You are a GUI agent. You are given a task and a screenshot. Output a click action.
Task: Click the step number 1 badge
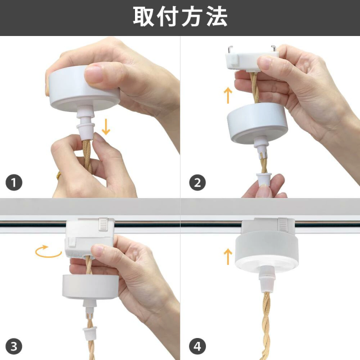[13, 183]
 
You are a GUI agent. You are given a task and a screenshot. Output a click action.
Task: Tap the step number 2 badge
[197, 183]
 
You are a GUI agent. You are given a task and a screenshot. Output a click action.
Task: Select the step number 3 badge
[13, 346]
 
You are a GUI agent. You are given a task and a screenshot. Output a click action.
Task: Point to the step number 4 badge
[197, 346]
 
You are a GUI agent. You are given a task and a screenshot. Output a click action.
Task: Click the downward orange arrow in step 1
[106, 127]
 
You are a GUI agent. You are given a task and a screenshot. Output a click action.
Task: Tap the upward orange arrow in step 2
[228, 95]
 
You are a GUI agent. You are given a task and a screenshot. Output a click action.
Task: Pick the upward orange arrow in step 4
[228, 256]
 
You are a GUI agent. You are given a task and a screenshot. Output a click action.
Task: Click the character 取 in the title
[143, 17]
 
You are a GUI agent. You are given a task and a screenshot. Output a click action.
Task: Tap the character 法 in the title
[217, 17]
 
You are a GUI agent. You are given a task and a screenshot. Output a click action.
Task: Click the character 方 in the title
[192, 17]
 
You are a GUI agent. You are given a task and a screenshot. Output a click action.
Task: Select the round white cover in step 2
[257, 123]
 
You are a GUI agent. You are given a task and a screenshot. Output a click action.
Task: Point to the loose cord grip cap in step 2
[264, 180]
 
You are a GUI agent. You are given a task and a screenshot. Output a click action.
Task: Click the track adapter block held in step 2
[251, 60]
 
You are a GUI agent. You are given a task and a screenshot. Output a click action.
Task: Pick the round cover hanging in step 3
[91, 287]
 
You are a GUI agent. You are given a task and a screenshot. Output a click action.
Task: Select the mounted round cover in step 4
[267, 252]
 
